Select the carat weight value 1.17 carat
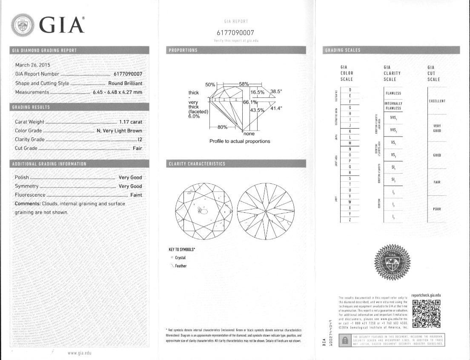[130, 122]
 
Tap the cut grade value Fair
[137, 148]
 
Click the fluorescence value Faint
[136, 195]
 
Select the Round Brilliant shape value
[125, 83]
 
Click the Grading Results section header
[31, 107]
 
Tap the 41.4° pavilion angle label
[276, 109]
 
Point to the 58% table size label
[244, 84]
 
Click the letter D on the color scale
[350, 90]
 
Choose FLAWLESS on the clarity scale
[393, 93]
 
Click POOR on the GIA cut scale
[437, 209]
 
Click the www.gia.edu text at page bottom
[80, 353]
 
